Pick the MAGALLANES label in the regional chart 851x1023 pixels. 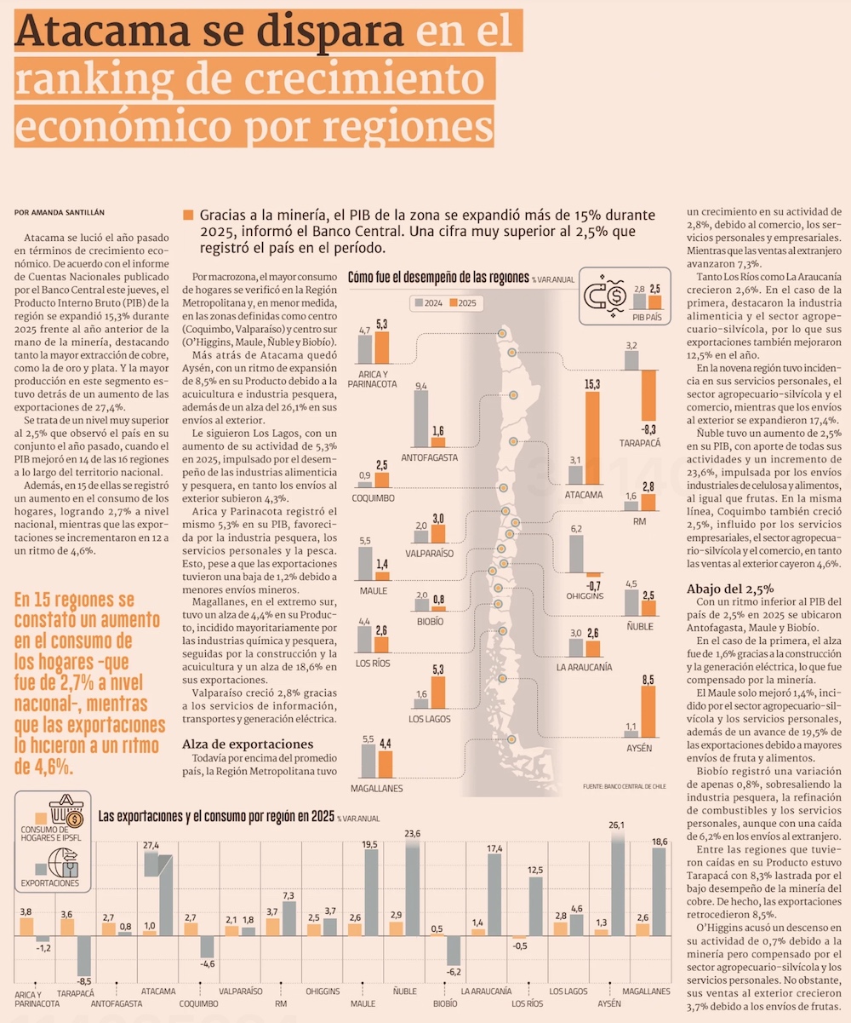pos(375,789)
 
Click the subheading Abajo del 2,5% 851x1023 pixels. pos(729,589)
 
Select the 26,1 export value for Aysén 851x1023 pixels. pos(617,825)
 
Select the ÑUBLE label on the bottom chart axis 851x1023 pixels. pos(403,991)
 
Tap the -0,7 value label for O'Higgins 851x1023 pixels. pos(593,587)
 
